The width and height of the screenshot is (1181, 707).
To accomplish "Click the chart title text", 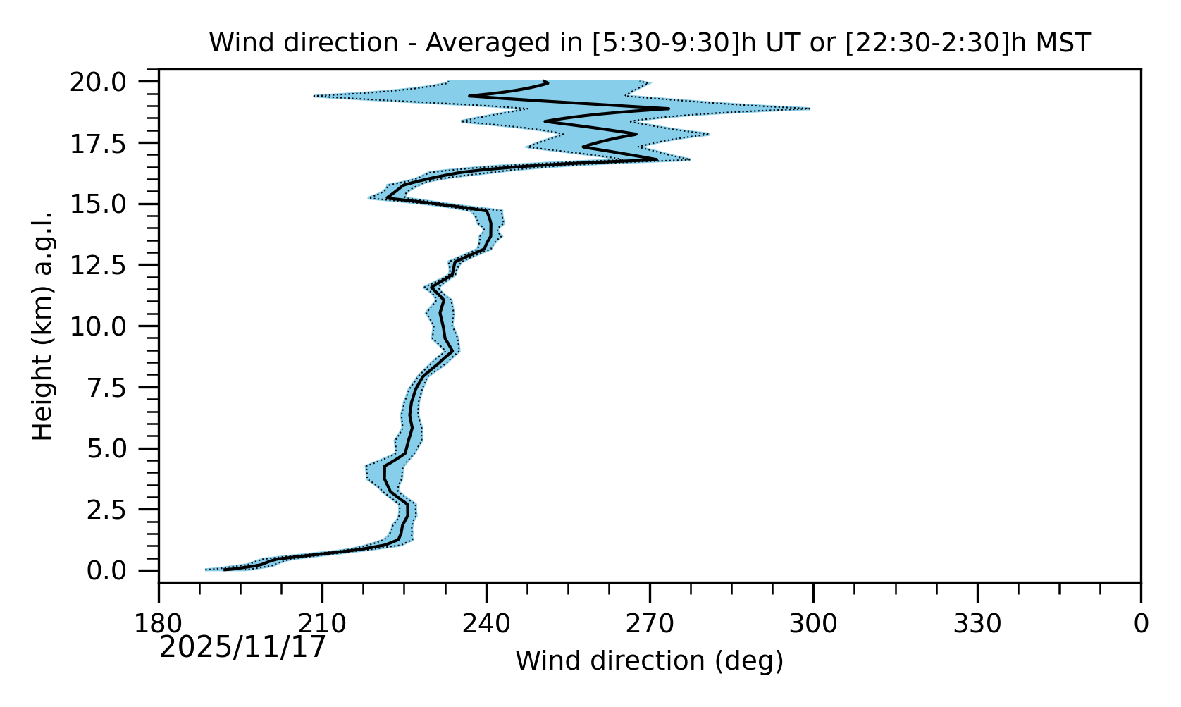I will (x=649, y=44).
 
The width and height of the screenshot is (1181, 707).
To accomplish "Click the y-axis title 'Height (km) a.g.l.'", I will (x=44, y=326).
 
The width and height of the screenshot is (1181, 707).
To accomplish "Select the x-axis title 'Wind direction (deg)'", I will (x=649, y=661).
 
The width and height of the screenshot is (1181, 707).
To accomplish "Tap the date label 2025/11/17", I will (x=242, y=647).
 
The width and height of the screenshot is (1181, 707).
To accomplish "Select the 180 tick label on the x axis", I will (x=159, y=624).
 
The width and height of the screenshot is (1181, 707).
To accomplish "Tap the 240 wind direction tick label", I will (x=486, y=624).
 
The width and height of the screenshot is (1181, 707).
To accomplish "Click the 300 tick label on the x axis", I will (x=813, y=624).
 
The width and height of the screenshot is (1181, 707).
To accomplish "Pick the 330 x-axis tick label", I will (x=977, y=624).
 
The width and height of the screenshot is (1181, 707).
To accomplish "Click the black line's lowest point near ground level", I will (x=225, y=569).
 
